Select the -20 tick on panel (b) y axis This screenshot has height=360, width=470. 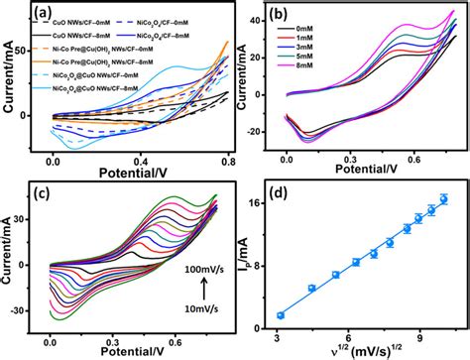pyautogui.click(x=271, y=131)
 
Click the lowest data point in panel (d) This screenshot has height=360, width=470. pyautogui.click(x=308, y=315)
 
